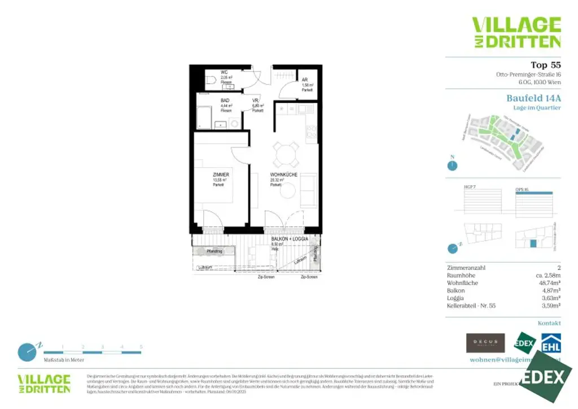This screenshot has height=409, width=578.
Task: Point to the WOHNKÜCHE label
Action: (283, 175)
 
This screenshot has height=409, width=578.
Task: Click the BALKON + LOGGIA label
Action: (290, 240)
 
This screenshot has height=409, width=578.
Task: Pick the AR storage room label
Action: (305, 80)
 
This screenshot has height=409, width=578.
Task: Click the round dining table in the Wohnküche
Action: (286, 152)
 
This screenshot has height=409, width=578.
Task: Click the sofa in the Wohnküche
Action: (308, 190)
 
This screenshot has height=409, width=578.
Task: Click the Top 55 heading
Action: (546, 65)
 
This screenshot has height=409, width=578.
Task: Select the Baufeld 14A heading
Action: (533, 98)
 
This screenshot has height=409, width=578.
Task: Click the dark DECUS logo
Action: (485, 343)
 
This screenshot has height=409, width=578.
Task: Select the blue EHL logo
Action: (550, 343)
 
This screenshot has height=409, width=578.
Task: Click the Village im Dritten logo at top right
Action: (516, 32)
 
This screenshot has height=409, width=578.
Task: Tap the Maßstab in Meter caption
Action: (64, 360)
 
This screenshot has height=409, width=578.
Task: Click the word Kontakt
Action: (549, 323)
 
